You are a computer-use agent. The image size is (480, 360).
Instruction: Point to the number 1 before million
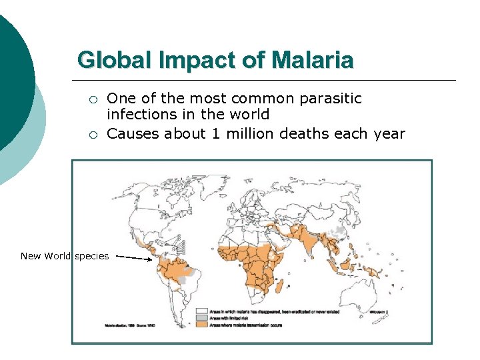(x=215, y=133)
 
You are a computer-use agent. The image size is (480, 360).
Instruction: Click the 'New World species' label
(x=65, y=256)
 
